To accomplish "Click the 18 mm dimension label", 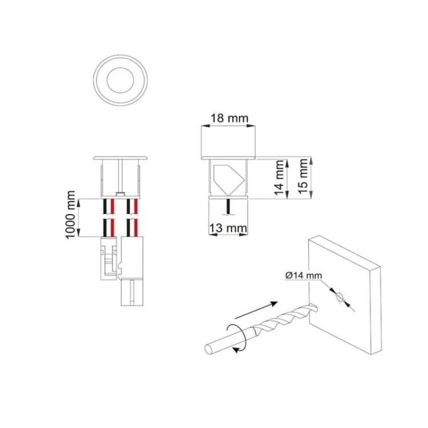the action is tap(229, 119).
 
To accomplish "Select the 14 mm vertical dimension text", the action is tap(279, 177).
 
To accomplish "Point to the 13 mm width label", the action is tap(228, 228).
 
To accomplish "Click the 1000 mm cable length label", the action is tap(70, 215).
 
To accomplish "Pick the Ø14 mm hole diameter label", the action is tap(304, 275).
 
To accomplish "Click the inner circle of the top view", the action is tap(120, 80).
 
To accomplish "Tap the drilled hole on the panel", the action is tap(340, 297).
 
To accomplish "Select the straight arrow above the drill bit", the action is tap(256, 310).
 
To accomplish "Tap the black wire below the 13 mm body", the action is tap(228, 207).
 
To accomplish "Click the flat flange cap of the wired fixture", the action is tap(120, 158).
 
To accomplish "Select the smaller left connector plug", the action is tap(109, 258).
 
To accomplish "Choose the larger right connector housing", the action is tap(132, 271).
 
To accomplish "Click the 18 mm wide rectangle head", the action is tap(228, 143).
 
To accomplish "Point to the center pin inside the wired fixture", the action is tap(120, 177).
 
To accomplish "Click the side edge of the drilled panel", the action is tap(376, 310).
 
